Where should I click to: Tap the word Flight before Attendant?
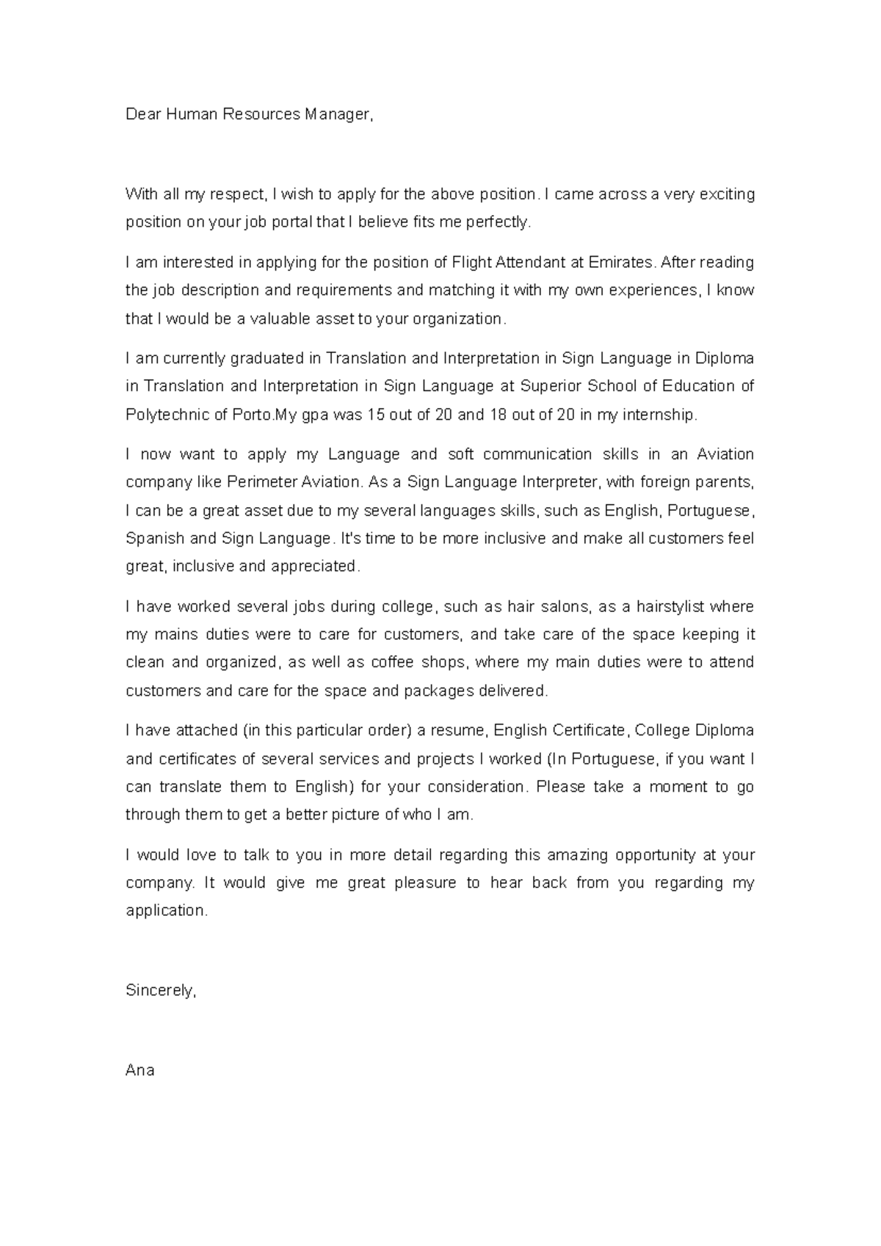pyautogui.click(x=472, y=262)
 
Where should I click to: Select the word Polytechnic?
pyautogui.click(x=167, y=415)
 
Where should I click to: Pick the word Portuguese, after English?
pyautogui.click(x=711, y=511)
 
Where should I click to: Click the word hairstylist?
pyautogui.click(x=670, y=607)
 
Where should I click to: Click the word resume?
pyautogui.click(x=460, y=731)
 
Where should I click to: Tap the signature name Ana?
pyautogui.click(x=139, y=1071)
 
